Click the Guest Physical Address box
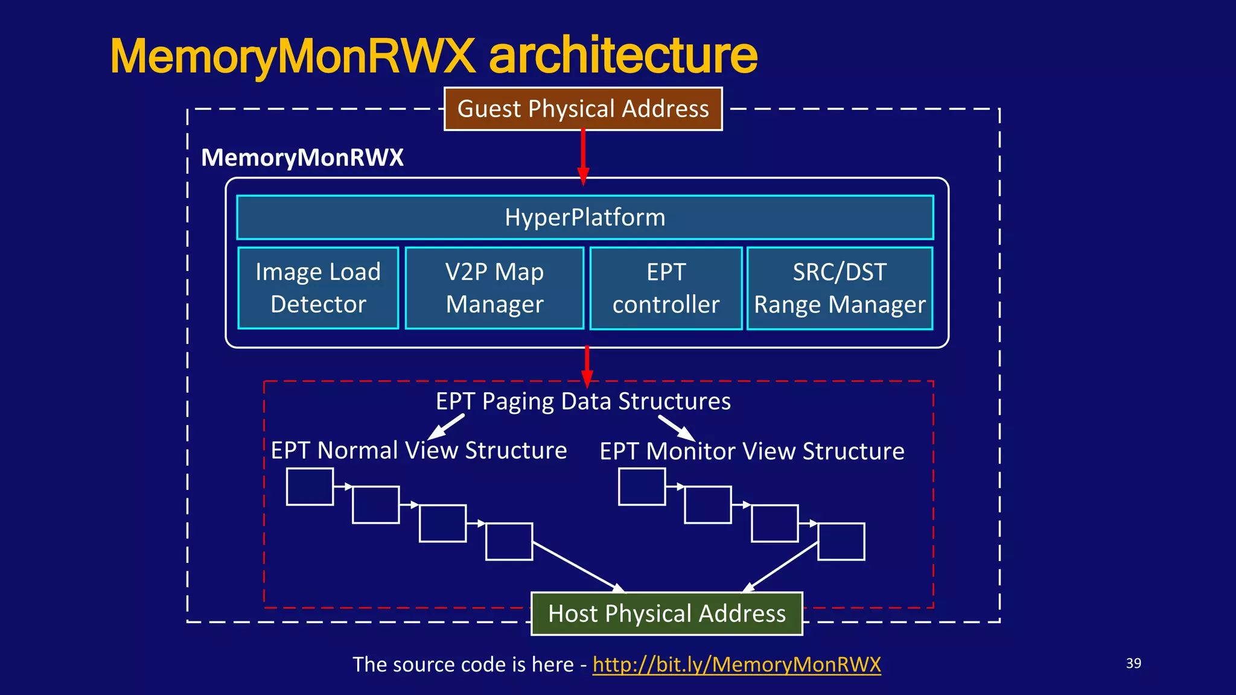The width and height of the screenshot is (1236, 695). point(583,109)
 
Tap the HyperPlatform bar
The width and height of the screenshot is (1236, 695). point(585,217)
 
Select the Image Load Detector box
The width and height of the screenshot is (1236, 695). point(318,288)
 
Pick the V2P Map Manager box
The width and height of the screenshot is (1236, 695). point(494,288)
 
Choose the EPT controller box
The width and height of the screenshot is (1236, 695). point(666,288)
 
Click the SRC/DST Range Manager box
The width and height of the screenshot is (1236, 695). point(839,288)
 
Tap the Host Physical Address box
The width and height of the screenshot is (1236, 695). point(666,614)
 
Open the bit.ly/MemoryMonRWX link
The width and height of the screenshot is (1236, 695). point(736,664)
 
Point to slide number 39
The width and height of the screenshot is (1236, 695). point(1133,663)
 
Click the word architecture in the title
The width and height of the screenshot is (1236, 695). point(623,56)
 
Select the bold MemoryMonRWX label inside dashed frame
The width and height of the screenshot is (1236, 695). point(302,157)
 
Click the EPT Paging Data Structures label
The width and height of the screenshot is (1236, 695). point(583,401)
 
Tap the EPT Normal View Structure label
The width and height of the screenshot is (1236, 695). point(419,451)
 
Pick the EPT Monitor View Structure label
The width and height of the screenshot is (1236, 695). point(752,451)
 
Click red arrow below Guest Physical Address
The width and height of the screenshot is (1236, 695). point(583,156)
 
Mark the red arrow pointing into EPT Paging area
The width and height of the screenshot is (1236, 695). point(587,366)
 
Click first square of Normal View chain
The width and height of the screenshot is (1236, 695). point(310,486)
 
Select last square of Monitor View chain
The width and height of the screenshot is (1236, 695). point(841,542)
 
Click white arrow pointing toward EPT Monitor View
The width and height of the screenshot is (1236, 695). point(677,427)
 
